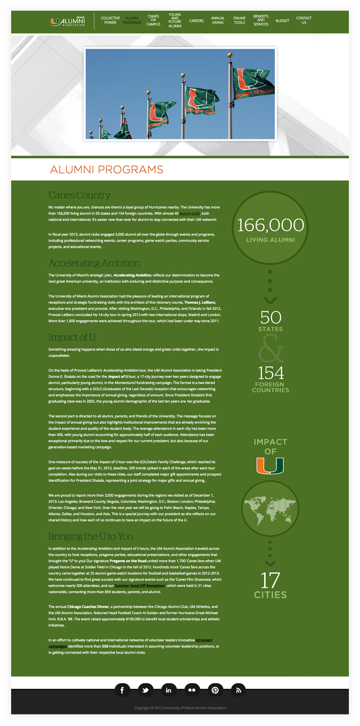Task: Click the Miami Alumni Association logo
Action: (x=68, y=21)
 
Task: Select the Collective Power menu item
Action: (x=110, y=20)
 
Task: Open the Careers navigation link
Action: (x=196, y=21)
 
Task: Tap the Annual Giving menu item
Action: (x=218, y=20)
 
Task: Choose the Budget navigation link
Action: (x=282, y=21)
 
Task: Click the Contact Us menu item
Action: (x=304, y=20)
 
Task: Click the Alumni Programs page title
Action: (x=107, y=170)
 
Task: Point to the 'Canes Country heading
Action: (x=79, y=195)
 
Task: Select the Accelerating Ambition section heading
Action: (x=94, y=263)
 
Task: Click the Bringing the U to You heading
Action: (x=91, y=536)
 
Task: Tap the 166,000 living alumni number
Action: (x=270, y=225)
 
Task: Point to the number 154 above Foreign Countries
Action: (x=270, y=373)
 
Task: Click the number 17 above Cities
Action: (x=270, y=580)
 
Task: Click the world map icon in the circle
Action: (x=270, y=509)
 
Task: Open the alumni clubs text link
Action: (x=190, y=214)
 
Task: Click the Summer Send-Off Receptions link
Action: (x=140, y=586)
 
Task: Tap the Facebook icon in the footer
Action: (x=122, y=690)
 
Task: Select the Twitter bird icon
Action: (x=145, y=690)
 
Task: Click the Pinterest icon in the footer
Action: (x=215, y=690)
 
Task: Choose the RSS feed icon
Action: (x=238, y=690)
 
